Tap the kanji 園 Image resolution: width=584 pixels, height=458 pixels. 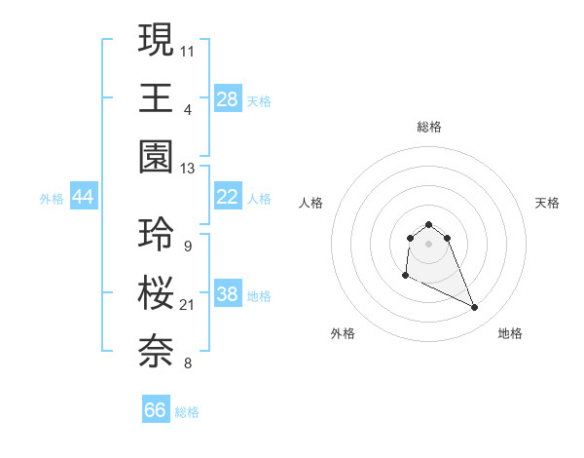[157, 159]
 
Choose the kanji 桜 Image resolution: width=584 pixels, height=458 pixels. [157, 293]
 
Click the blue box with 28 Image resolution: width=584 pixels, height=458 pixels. [228, 98]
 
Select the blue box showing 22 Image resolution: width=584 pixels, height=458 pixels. [228, 197]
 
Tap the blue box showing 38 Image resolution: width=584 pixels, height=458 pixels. [228, 294]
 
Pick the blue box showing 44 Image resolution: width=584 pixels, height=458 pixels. [84, 197]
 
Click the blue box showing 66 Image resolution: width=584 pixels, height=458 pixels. [156, 410]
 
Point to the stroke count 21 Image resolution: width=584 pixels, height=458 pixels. [187, 305]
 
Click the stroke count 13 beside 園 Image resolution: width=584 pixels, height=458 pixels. [187, 169]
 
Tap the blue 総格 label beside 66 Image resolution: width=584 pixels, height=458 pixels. [187, 412]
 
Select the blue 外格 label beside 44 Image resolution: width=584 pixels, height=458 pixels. [52, 199]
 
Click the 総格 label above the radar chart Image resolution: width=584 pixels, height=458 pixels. [428, 127]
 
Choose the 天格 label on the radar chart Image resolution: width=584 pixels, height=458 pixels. [547, 203]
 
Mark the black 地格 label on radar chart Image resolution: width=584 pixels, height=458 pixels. [510, 333]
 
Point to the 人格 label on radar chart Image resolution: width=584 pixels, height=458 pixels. [311, 203]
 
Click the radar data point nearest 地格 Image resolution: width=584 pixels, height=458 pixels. [475, 308]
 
